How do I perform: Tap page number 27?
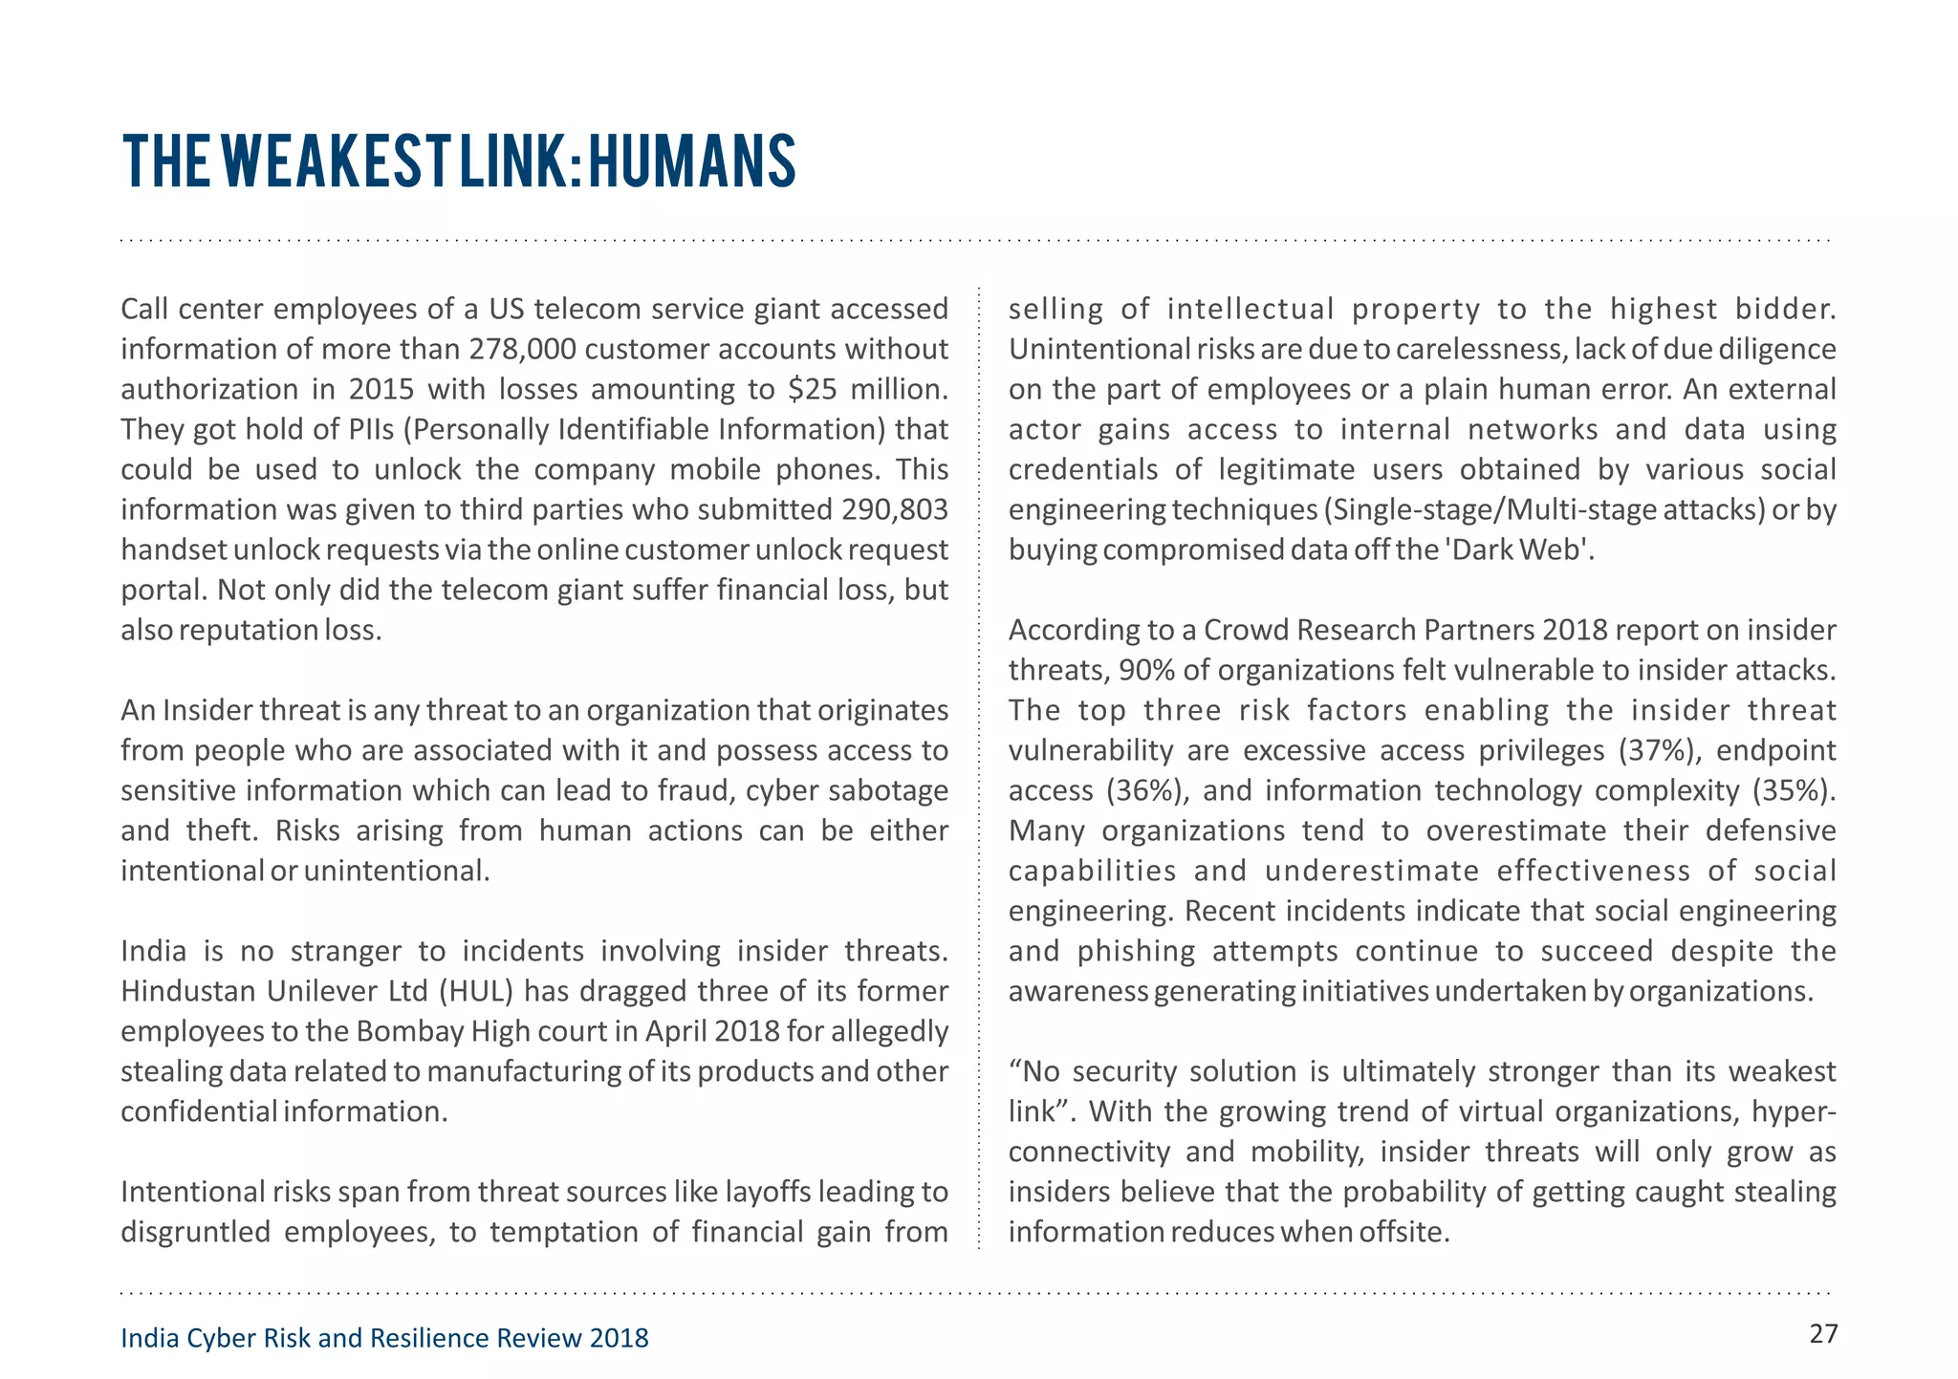(1823, 1333)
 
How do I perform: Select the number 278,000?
(523, 350)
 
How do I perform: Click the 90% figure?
(1146, 671)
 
